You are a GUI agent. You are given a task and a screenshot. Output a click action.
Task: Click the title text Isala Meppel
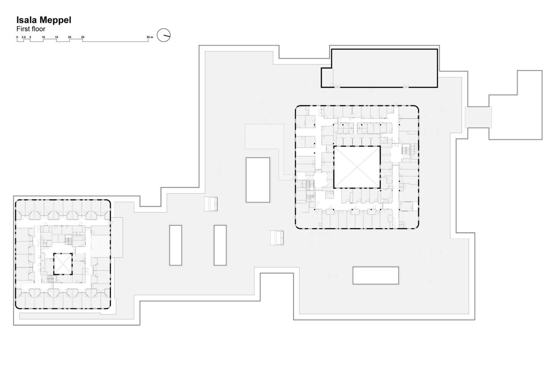click(x=43, y=20)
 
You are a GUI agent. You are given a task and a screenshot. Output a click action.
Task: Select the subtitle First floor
click(x=31, y=29)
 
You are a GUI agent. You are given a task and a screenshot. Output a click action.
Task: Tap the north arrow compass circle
click(x=164, y=35)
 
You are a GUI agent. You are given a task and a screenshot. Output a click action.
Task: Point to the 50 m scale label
click(x=149, y=37)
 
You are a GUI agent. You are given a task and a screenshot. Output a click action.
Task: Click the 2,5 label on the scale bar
click(x=24, y=37)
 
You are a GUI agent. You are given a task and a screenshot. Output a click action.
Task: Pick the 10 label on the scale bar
click(x=43, y=37)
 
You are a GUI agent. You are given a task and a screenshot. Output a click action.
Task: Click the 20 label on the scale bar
click(x=69, y=37)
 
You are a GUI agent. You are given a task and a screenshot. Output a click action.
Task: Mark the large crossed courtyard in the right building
click(x=357, y=167)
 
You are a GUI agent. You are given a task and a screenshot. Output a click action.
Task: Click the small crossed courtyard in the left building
click(x=62, y=264)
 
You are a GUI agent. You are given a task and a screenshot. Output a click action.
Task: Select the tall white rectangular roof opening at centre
click(x=258, y=180)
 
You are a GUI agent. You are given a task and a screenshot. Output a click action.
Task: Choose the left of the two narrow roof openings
click(x=176, y=245)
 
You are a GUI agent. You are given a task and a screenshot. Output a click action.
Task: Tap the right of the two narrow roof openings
click(x=220, y=245)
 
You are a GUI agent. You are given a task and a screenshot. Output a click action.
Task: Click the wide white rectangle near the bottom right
click(x=376, y=275)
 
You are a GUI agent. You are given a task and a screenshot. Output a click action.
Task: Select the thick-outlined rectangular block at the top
click(x=383, y=68)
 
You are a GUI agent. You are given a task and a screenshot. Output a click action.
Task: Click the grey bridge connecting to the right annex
click(x=478, y=117)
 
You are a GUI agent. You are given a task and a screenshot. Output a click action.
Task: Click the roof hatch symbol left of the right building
click(x=276, y=238)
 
